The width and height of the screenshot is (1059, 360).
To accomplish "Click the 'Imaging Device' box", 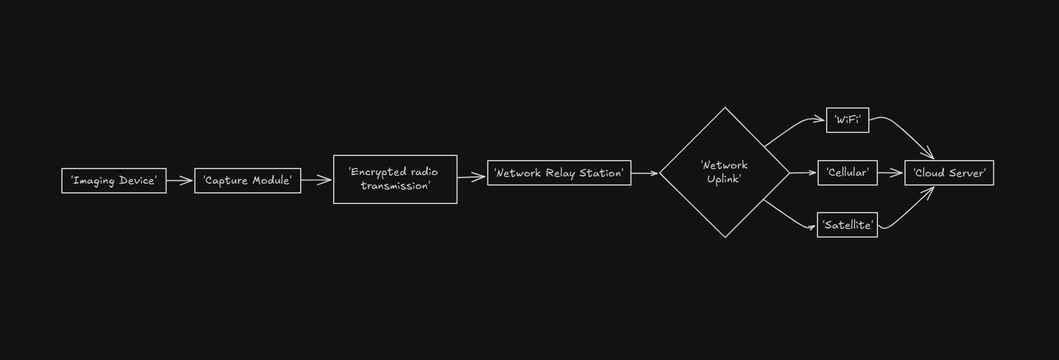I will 114,181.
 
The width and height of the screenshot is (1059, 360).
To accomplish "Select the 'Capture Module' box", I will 247,181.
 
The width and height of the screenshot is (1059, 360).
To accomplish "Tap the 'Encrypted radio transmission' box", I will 395,180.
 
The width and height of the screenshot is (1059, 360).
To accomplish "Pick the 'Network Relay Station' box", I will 559,173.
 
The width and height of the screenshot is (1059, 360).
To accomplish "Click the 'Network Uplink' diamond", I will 725,172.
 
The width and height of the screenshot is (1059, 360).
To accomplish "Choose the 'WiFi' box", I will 847,120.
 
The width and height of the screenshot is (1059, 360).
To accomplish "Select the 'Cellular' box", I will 847,173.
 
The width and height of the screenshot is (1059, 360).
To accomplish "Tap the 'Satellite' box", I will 847,225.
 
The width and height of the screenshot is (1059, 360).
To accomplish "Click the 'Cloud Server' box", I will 948,173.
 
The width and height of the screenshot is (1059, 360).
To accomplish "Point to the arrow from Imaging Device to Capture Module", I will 180,181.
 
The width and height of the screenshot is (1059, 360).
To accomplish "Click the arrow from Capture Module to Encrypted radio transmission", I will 317,180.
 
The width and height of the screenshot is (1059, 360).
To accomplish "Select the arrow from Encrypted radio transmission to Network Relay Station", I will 472,176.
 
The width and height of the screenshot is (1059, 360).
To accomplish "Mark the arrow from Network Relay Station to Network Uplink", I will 644,173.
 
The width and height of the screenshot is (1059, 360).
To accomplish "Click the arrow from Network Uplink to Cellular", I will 804,173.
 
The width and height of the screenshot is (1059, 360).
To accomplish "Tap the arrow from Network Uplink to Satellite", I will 789,217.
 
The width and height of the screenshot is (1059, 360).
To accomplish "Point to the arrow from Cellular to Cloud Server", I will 891,173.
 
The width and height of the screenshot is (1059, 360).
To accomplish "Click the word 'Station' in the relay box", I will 600,173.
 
